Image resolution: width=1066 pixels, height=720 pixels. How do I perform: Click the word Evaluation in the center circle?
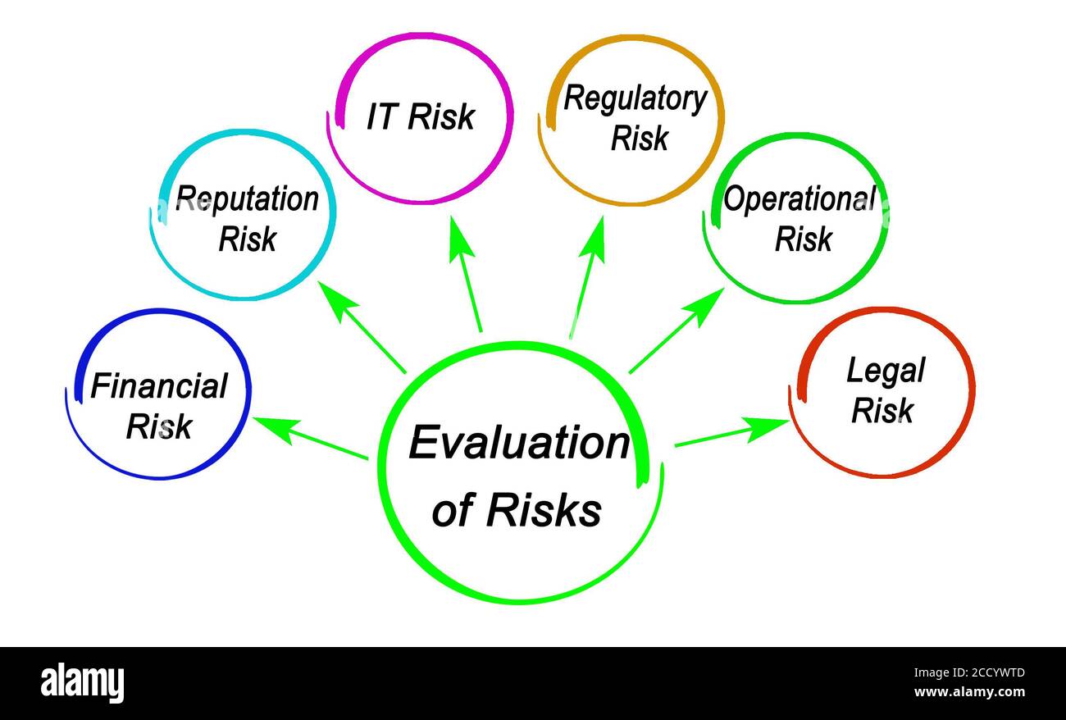click(518, 444)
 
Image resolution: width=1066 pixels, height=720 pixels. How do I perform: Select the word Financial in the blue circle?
click(159, 386)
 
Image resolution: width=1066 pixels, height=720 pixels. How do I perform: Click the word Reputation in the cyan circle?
click(247, 199)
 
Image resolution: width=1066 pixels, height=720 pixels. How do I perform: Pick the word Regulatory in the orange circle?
click(635, 99)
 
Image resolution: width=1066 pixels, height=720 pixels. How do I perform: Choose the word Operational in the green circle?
click(799, 199)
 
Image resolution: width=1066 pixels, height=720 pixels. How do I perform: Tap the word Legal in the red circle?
click(885, 371)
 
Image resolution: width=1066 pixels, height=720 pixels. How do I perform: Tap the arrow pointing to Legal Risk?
click(731, 434)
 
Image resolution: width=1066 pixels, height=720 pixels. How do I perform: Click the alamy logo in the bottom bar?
click(82, 682)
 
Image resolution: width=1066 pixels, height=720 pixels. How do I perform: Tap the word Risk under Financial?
click(159, 426)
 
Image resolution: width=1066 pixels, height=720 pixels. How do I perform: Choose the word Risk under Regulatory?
click(640, 139)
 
